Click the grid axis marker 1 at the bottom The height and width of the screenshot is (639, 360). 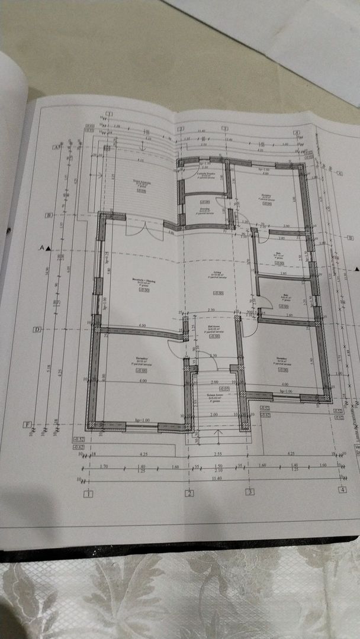(89, 493)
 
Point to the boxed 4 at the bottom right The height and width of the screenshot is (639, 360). (342, 490)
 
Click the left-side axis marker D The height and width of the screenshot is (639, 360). (37, 329)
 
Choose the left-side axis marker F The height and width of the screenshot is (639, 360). (27, 424)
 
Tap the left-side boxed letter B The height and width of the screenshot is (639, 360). (50, 215)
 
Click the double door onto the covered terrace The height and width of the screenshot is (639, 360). (152, 230)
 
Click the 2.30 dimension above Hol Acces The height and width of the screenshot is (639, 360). (210, 311)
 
